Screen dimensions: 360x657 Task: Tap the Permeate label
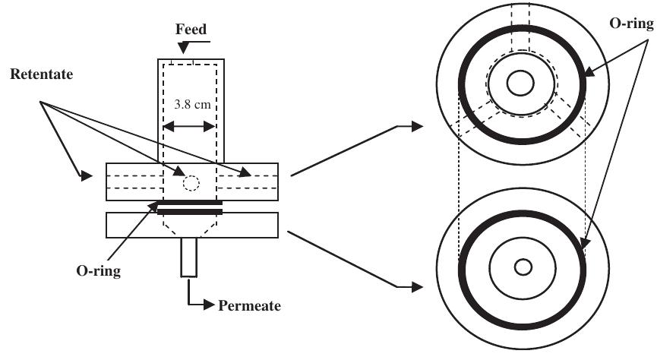(249, 307)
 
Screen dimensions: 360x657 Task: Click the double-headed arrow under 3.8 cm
(191, 126)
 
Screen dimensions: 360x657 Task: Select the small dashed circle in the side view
(191, 183)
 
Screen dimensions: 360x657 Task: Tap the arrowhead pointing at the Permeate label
(209, 307)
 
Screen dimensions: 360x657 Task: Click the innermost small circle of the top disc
(520, 84)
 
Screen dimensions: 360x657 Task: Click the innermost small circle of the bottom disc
(523, 267)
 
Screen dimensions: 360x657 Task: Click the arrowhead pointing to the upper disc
(416, 127)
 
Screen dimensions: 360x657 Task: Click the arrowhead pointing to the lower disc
(416, 287)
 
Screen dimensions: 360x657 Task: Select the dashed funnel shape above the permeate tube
(190, 225)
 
